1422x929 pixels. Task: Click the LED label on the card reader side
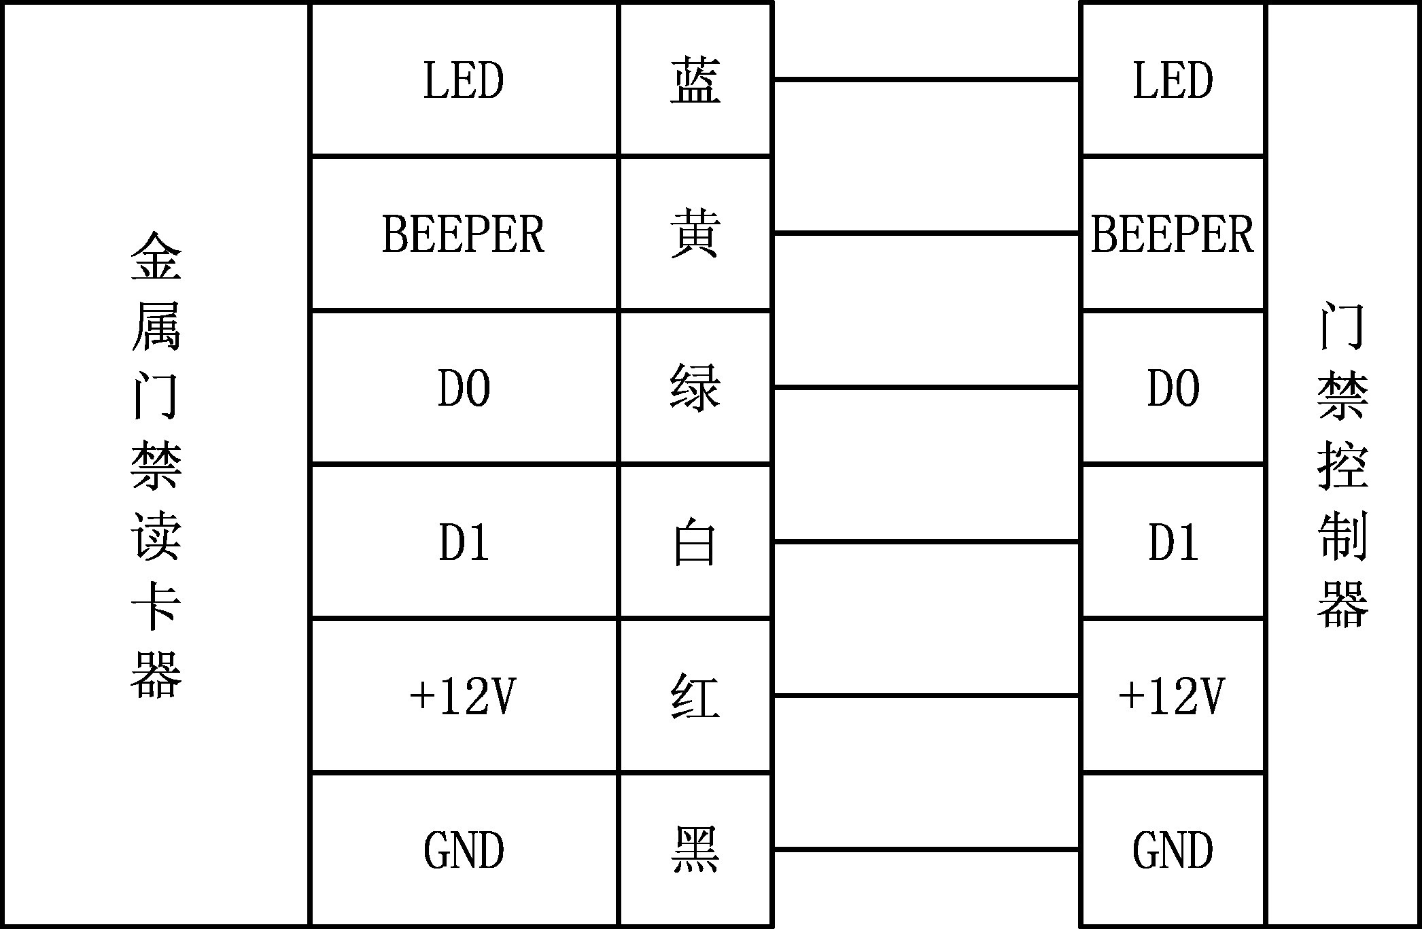[x=464, y=80]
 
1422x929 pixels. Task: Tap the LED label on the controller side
[x=1173, y=80]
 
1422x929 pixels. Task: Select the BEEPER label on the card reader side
[x=464, y=234]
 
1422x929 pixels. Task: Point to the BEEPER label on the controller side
[x=1173, y=234]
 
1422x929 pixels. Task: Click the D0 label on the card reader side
[x=464, y=388]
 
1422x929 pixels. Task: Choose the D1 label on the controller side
[x=1173, y=542]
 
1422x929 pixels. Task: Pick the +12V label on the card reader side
[x=464, y=697]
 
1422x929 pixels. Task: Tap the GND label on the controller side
[x=1173, y=850]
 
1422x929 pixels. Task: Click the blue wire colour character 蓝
[x=695, y=80]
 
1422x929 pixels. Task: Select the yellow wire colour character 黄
[x=695, y=234]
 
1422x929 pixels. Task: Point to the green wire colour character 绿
[x=695, y=388]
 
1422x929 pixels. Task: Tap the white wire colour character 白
[x=695, y=542]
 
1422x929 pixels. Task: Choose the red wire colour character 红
[x=695, y=697]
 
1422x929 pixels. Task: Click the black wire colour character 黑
[x=695, y=850]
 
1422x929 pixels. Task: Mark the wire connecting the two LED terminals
[x=926, y=80]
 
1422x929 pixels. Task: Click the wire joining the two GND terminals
[x=926, y=849]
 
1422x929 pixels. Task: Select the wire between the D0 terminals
[x=926, y=388]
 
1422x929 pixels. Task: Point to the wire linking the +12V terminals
[x=926, y=696]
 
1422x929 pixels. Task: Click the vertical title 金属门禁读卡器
[x=156, y=465]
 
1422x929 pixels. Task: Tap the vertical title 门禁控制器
[x=1343, y=465]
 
